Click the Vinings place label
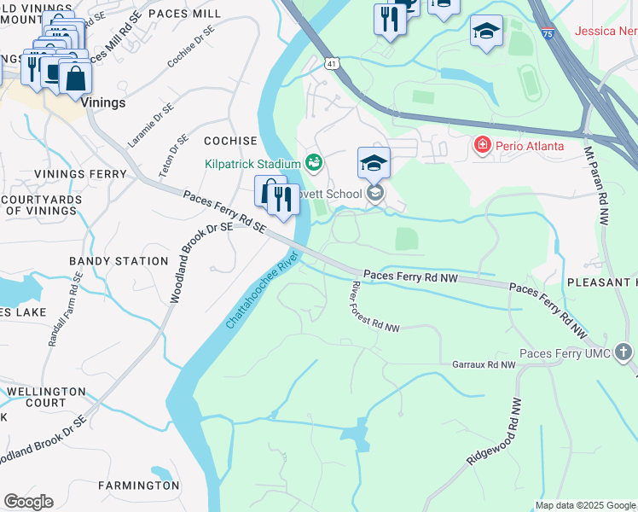click(105, 102)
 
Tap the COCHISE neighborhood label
click(230, 141)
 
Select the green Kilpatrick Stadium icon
click(314, 162)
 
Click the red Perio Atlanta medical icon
click(482, 146)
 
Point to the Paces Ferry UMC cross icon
click(624, 352)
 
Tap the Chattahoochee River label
click(263, 292)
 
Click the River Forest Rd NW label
click(375, 308)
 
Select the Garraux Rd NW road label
click(484, 364)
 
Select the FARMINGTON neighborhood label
click(138, 486)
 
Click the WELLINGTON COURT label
click(46, 397)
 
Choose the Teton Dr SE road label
click(173, 157)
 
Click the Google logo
click(28, 502)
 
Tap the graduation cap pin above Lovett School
click(374, 162)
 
